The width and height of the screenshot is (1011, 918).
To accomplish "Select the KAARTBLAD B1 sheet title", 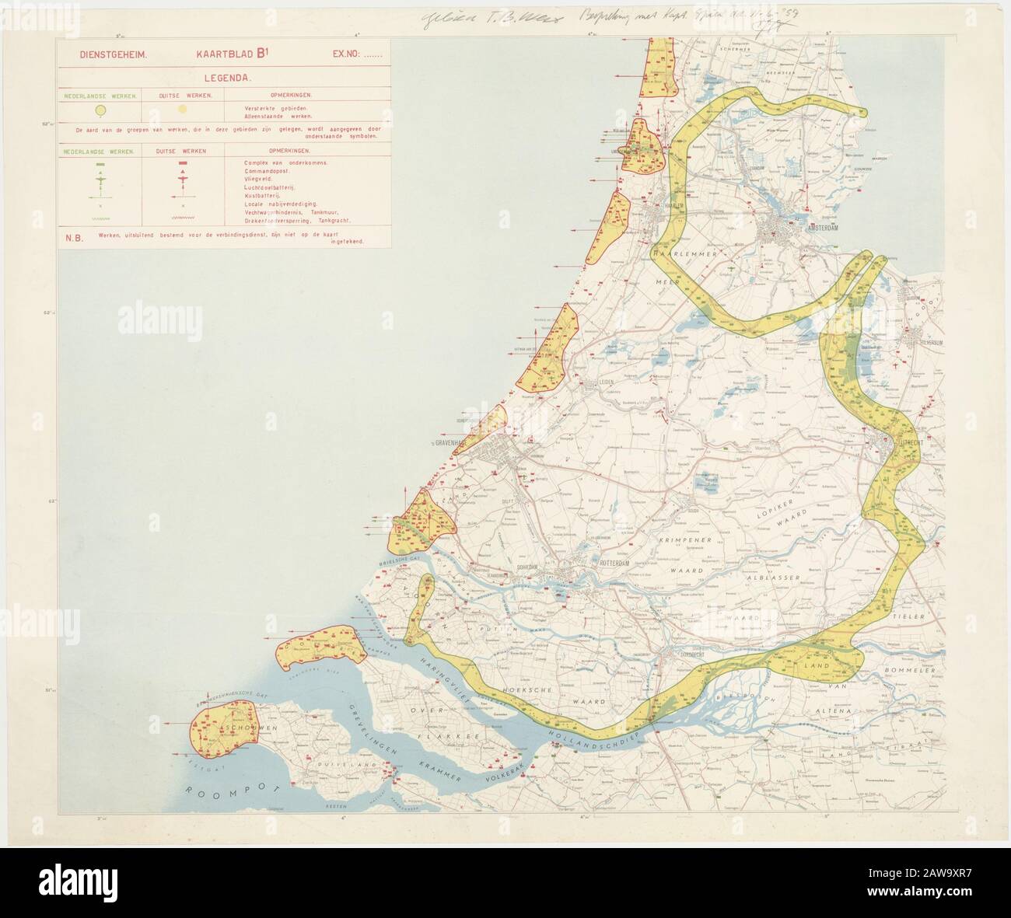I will click(x=223, y=55).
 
